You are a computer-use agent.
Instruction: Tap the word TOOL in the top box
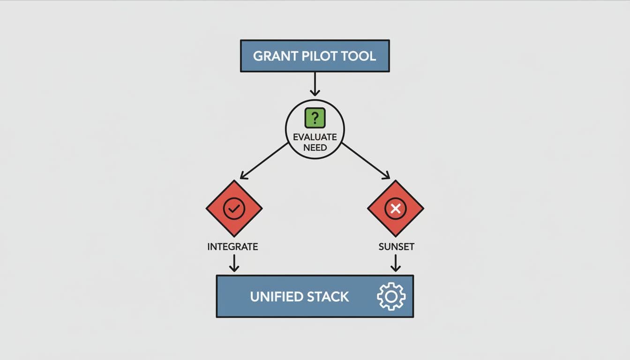(359, 56)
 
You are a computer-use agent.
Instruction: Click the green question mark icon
(315, 118)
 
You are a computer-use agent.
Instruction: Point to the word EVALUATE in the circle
(315, 137)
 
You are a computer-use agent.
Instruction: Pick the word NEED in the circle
(315, 148)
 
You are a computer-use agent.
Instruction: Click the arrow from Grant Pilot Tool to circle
(315, 84)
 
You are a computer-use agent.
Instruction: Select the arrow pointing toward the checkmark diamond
(264, 161)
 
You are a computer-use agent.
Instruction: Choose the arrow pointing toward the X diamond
(366, 161)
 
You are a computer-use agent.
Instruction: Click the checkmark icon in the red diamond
(234, 209)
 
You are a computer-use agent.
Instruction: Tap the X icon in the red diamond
(396, 209)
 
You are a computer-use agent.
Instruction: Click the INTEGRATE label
(232, 247)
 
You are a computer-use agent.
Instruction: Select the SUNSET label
(396, 247)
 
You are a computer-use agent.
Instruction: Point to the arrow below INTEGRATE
(234, 263)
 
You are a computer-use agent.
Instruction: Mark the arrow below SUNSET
(396, 263)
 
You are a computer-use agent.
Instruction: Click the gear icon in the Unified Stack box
(391, 296)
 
